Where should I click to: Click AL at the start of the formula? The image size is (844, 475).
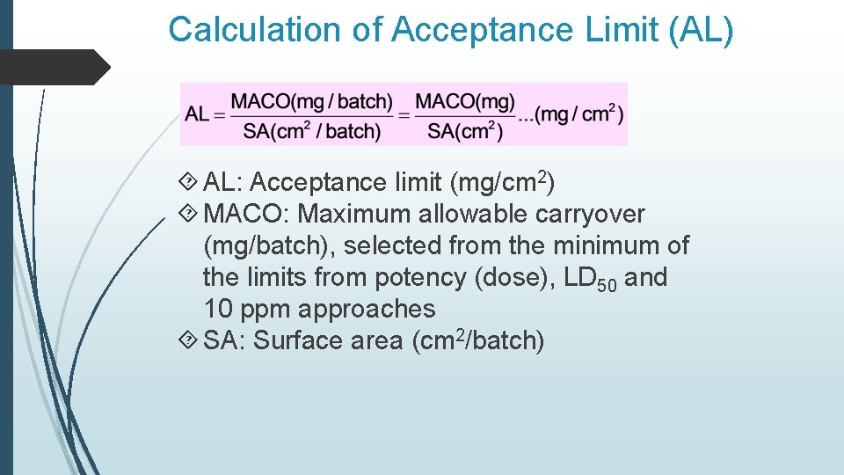[197, 114]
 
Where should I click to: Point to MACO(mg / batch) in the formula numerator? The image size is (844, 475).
[312, 102]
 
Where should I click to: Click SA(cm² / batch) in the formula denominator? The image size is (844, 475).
[312, 132]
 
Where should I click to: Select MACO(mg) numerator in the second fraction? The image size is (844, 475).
[465, 102]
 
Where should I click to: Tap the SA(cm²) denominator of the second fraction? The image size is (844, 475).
[465, 132]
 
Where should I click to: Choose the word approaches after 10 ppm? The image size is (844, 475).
[367, 309]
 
